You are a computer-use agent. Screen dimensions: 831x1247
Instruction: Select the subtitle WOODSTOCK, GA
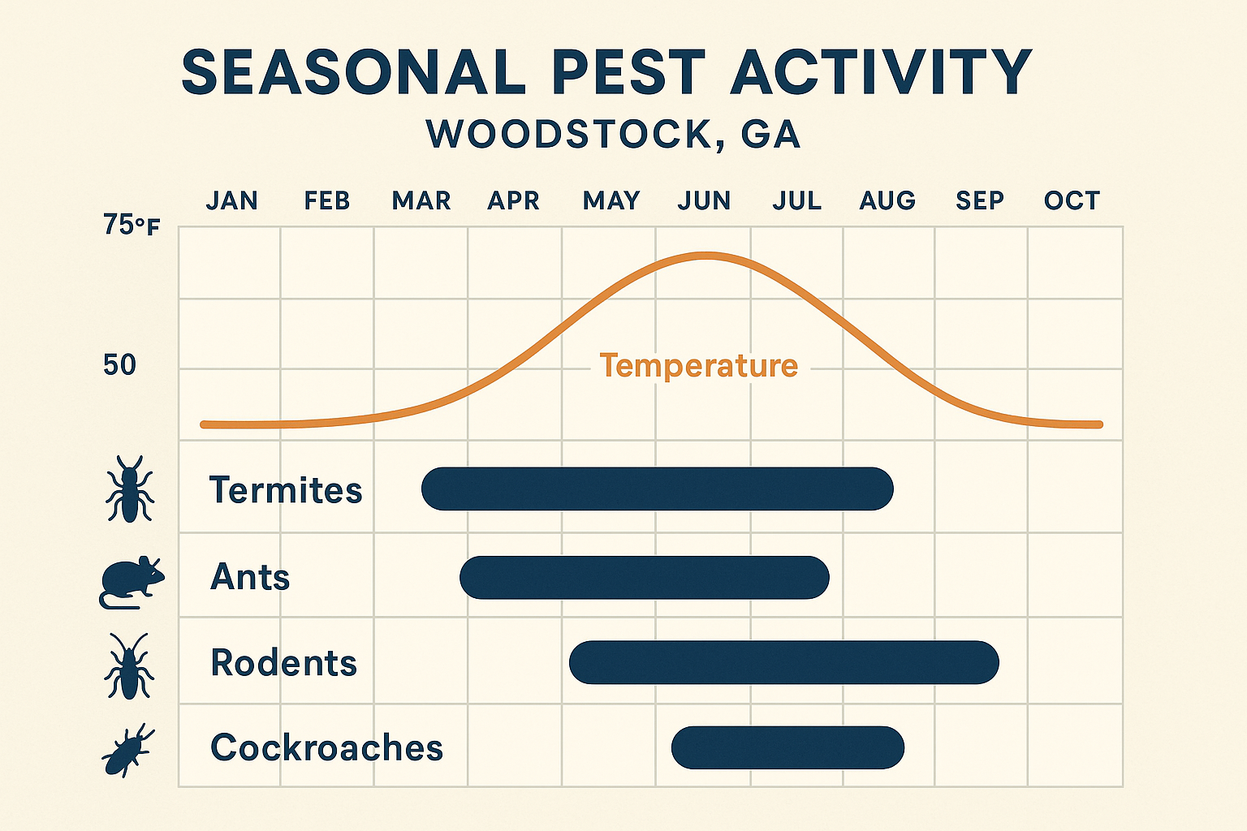point(614,135)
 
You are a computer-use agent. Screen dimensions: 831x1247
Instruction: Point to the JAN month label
point(231,200)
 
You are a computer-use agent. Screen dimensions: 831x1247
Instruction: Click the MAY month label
point(611,200)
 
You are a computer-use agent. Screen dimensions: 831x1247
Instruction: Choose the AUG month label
point(887,200)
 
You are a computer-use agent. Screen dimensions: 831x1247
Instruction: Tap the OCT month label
point(1072,200)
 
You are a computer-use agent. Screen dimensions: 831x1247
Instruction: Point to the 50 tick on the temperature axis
point(119,366)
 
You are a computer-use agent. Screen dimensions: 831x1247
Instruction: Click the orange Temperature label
point(698,366)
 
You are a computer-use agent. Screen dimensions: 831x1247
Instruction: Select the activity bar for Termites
point(657,489)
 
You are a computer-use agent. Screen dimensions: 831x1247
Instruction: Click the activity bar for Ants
point(644,578)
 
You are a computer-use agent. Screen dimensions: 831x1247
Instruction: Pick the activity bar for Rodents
point(783,662)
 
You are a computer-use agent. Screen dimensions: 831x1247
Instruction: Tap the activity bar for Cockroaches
point(787,747)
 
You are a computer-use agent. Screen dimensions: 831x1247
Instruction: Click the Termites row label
point(285,490)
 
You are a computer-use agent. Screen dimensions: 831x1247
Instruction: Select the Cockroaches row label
point(326,748)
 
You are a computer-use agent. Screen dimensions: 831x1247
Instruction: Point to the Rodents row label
point(283,663)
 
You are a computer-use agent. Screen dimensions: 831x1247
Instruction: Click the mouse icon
point(131,581)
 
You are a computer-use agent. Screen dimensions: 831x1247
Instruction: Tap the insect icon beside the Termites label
point(129,489)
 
